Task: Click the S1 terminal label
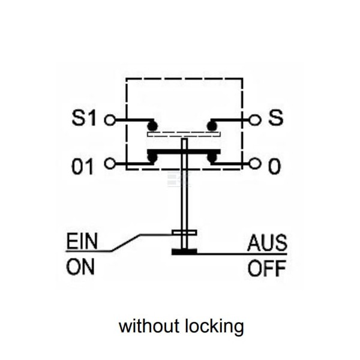[x=84, y=118]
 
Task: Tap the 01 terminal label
[x=83, y=166]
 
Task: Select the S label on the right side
[x=276, y=118]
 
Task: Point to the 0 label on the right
[x=274, y=166]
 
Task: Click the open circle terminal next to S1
[x=110, y=120]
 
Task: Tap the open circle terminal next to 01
[x=110, y=164]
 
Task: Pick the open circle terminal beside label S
[x=255, y=120]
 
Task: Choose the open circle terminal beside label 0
[x=255, y=164]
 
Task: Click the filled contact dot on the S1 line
[x=152, y=126]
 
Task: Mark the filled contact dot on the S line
[x=212, y=126]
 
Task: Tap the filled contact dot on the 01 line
[x=152, y=158]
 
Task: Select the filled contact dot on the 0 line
[x=212, y=158]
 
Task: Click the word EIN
[x=82, y=241]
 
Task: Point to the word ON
[x=80, y=267]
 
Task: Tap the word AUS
[x=267, y=242]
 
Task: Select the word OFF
[x=267, y=268]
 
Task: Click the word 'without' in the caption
[x=149, y=326]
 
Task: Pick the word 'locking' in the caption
[x=214, y=327]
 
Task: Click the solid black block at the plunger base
[x=184, y=252]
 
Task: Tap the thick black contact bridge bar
[x=184, y=152]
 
